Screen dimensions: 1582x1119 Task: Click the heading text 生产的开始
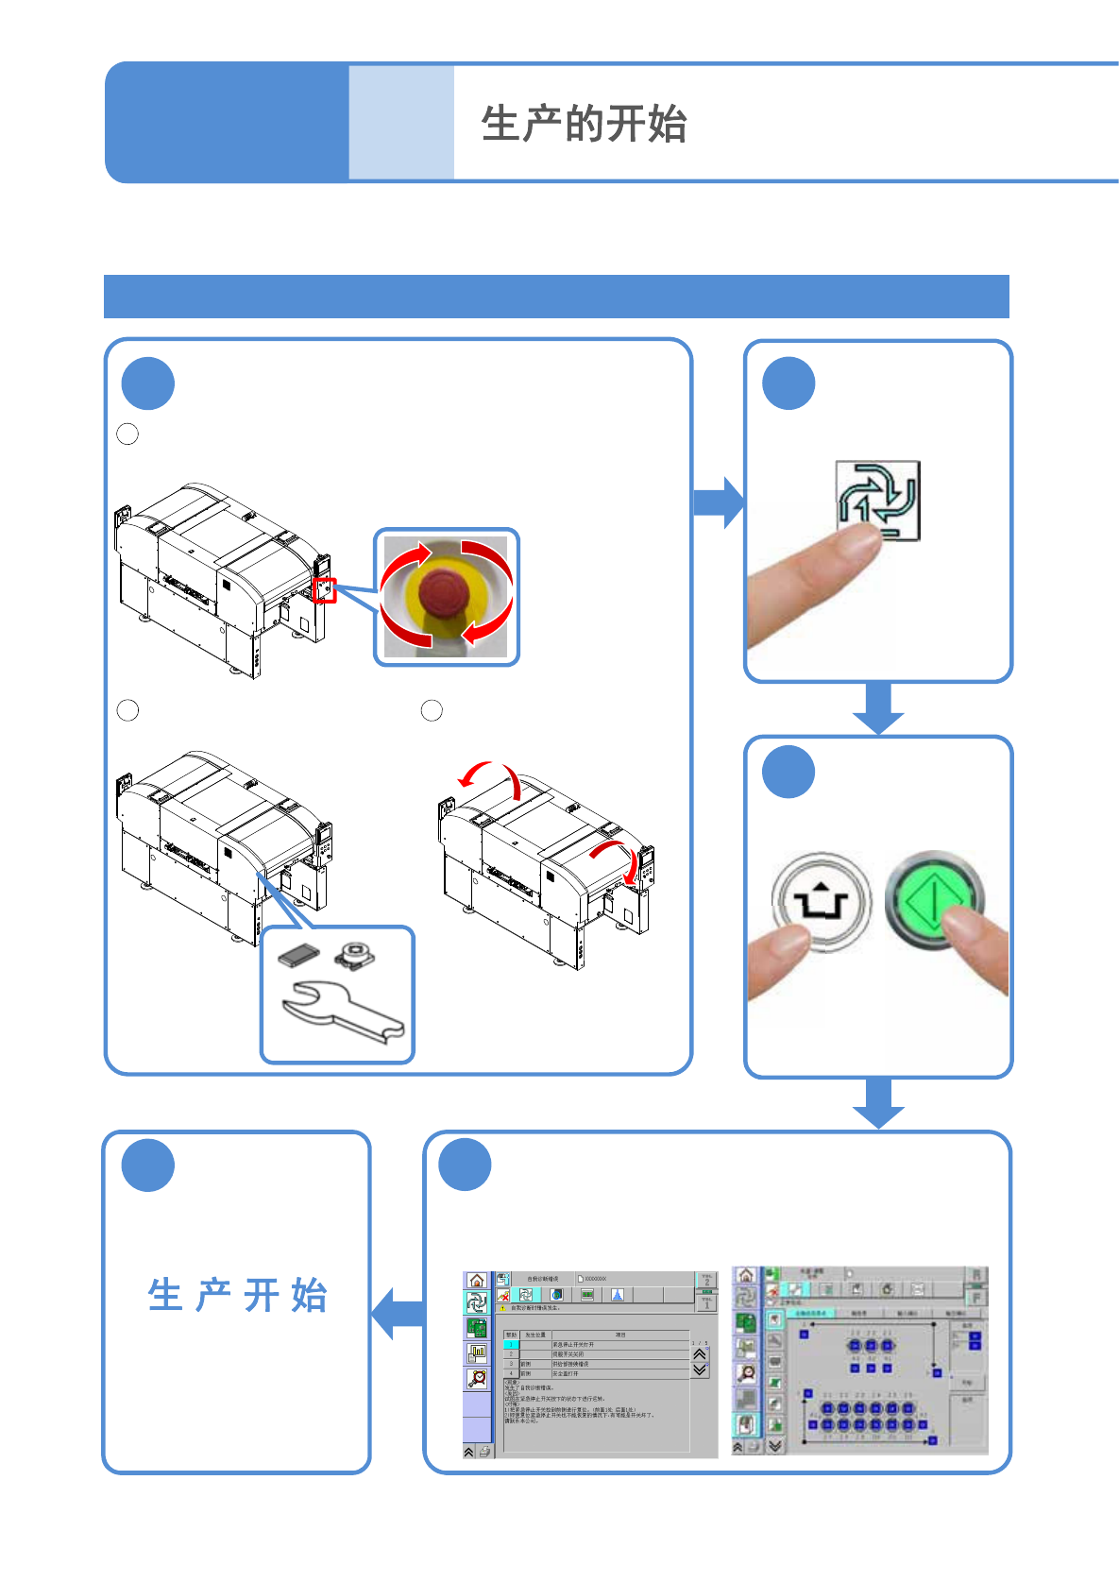pyautogui.click(x=584, y=124)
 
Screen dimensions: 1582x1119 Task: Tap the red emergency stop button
pyautogui.click(x=444, y=591)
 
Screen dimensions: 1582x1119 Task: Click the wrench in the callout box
pyautogui.click(x=342, y=1013)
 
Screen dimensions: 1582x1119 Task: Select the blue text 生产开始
pyautogui.click(x=237, y=1295)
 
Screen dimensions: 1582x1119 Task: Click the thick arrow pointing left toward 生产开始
pyautogui.click(x=398, y=1313)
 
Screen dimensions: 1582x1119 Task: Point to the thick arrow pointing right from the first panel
pyautogui.click(x=719, y=502)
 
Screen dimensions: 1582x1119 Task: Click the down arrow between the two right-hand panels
pyautogui.click(x=878, y=707)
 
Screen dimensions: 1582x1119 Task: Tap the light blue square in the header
pyautogui.click(x=401, y=123)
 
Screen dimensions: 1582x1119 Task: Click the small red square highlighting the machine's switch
pyautogui.click(x=324, y=590)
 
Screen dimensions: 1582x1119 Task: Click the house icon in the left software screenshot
pyautogui.click(x=476, y=1281)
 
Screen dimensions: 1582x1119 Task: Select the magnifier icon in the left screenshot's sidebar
pyautogui.click(x=477, y=1378)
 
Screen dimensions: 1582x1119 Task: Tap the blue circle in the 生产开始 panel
pyautogui.click(x=148, y=1165)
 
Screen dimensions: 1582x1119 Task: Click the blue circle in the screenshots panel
pyautogui.click(x=466, y=1165)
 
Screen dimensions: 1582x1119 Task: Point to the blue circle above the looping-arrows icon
pyautogui.click(x=788, y=383)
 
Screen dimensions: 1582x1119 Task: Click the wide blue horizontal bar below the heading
pyautogui.click(x=556, y=297)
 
